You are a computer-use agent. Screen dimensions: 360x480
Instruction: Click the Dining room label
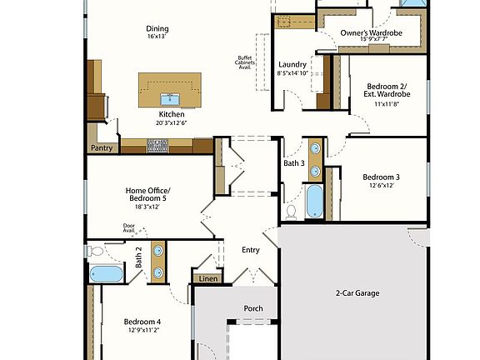[x=156, y=27]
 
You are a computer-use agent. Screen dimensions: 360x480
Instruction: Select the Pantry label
[x=101, y=149]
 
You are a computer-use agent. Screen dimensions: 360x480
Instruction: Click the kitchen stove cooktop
[x=157, y=146]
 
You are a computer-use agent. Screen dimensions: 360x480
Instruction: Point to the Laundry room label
[x=292, y=64]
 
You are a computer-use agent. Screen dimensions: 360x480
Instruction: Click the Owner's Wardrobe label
[x=372, y=33]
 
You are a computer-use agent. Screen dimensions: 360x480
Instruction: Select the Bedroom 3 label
[x=381, y=177]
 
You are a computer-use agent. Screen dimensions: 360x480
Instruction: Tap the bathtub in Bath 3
[x=315, y=201]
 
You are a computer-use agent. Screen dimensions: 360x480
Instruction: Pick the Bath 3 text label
[x=293, y=163]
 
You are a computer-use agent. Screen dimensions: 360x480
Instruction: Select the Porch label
[x=253, y=308]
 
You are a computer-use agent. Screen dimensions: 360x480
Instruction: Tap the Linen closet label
[x=208, y=278]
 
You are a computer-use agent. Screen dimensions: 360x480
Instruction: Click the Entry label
[x=251, y=249]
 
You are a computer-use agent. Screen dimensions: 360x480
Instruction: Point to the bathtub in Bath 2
[x=105, y=273]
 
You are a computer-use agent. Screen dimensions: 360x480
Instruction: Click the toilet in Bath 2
[x=95, y=250]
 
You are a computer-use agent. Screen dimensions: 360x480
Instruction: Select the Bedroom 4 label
[x=142, y=322]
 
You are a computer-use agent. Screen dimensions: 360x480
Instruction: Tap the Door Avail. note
[x=129, y=227]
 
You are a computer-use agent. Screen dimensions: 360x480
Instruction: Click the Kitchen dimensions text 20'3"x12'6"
[x=170, y=122]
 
